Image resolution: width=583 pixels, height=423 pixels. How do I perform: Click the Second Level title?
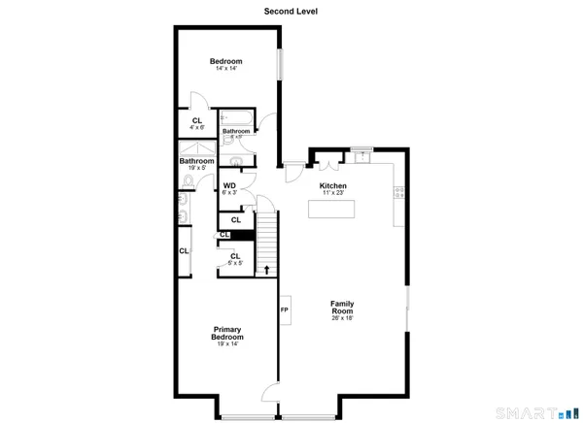(291, 12)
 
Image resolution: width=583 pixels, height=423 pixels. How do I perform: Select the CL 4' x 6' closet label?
(197, 123)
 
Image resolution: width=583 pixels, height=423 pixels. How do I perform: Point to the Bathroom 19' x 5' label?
(196, 164)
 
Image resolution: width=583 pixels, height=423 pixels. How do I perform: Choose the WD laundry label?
(230, 188)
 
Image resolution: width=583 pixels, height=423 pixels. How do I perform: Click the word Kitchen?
(333, 185)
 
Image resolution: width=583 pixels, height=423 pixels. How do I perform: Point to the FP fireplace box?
(285, 309)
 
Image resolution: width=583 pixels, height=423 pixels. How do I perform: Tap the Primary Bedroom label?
(226, 334)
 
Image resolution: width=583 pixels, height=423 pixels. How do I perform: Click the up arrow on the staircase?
(266, 270)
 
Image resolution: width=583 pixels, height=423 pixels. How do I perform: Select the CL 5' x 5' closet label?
(235, 259)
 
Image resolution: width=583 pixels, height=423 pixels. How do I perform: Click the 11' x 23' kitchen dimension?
(333, 193)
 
